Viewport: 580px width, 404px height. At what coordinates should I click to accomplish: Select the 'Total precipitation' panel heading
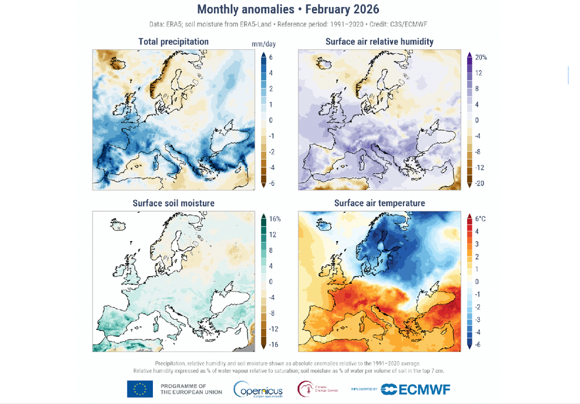click(x=173, y=41)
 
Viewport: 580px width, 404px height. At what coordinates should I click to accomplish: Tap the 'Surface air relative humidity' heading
click(x=379, y=41)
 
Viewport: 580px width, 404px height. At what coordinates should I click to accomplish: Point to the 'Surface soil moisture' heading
click(x=173, y=203)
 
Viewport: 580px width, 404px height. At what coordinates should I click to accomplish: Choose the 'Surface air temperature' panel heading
click(x=379, y=203)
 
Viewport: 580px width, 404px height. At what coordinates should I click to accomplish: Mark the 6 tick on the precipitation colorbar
click(x=271, y=57)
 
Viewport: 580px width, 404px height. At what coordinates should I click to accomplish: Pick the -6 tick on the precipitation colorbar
click(x=271, y=183)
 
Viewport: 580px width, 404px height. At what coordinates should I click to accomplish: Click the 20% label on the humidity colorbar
click(x=481, y=57)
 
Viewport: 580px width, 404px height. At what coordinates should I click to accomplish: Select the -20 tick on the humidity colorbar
click(x=479, y=183)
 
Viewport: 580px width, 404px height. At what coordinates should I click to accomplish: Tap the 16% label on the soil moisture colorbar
click(x=275, y=218)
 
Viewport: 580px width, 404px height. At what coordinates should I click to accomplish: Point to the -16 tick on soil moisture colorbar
click(x=273, y=345)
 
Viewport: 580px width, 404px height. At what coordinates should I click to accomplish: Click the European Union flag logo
click(x=140, y=389)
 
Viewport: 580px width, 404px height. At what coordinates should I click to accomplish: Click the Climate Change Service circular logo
click(x=306, y=389)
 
